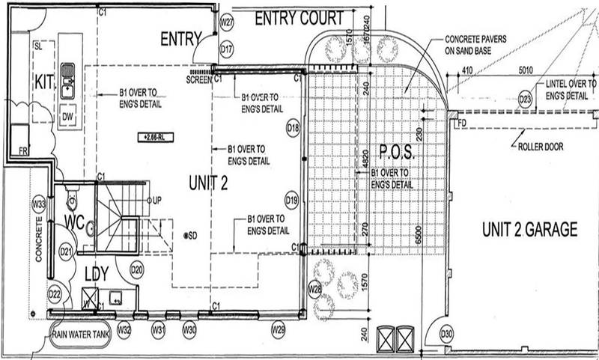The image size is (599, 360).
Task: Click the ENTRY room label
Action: (181, 38)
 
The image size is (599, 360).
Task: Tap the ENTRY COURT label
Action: (299, 19)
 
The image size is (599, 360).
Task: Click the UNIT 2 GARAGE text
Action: (529, 230)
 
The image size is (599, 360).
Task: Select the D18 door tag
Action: (293, 129)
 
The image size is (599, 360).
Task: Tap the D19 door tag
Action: (293, 200)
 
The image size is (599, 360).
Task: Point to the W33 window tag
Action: (39, 204)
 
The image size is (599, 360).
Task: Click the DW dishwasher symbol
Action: (67, 118)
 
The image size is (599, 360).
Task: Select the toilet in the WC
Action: (72, 201)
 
